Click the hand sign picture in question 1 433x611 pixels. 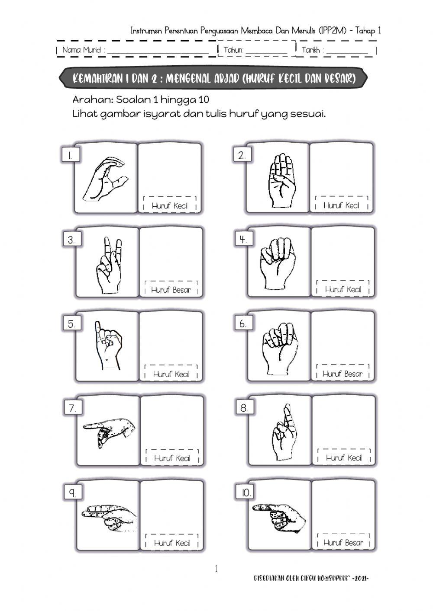click(x=105, y=179)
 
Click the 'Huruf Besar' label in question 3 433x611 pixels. click(x=171, y=290)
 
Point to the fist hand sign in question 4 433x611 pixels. click(x=278, y=262)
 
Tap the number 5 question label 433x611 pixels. click(x=71, y=324)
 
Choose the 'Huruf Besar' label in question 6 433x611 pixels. click(x=343, y=374)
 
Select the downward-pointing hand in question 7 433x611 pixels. click(x=109, y=431)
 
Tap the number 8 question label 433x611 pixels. click(x=244, y=408)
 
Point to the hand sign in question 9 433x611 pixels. click(x=109, y=515)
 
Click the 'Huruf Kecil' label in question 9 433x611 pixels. click(x=172, y=543)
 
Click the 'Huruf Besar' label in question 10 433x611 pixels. click(x=343, y=543)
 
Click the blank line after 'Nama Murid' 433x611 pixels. click(x=158, y=51)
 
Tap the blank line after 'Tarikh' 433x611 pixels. click(x=347, y=51)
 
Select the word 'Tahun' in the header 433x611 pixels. click(x=233, y=50)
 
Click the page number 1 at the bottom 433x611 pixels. click(x=216, y=569)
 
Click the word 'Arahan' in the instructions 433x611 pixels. click(x=92, y=100)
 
